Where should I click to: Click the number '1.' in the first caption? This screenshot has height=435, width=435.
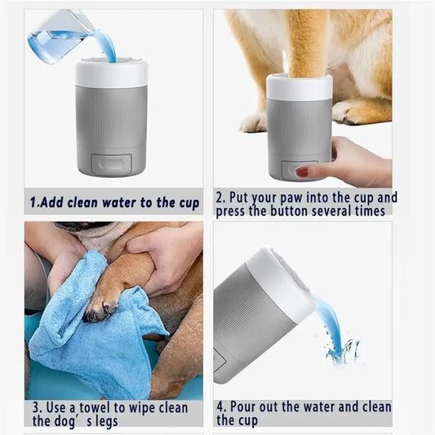click(x=35, y=202)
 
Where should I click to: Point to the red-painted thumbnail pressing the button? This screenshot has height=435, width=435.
click(x=303, y=171)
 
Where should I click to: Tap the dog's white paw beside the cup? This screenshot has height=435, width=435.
click(x=254, y=122)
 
